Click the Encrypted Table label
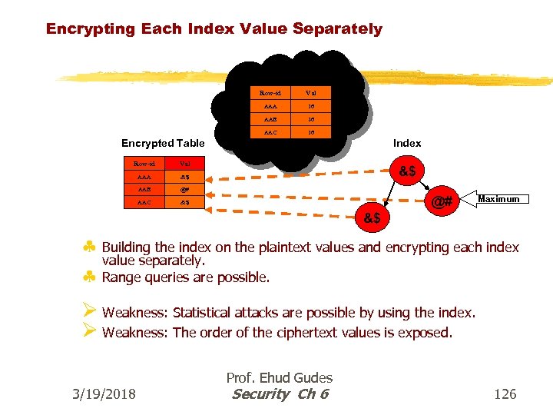163,143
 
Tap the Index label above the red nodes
407,143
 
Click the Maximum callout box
498,199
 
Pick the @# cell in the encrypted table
185,189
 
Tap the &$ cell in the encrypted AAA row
185,176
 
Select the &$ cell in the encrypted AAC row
185,202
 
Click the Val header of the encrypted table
185,163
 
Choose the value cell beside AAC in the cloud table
312,131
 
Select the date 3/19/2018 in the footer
104,394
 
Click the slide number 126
505,394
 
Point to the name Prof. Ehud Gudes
280,377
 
